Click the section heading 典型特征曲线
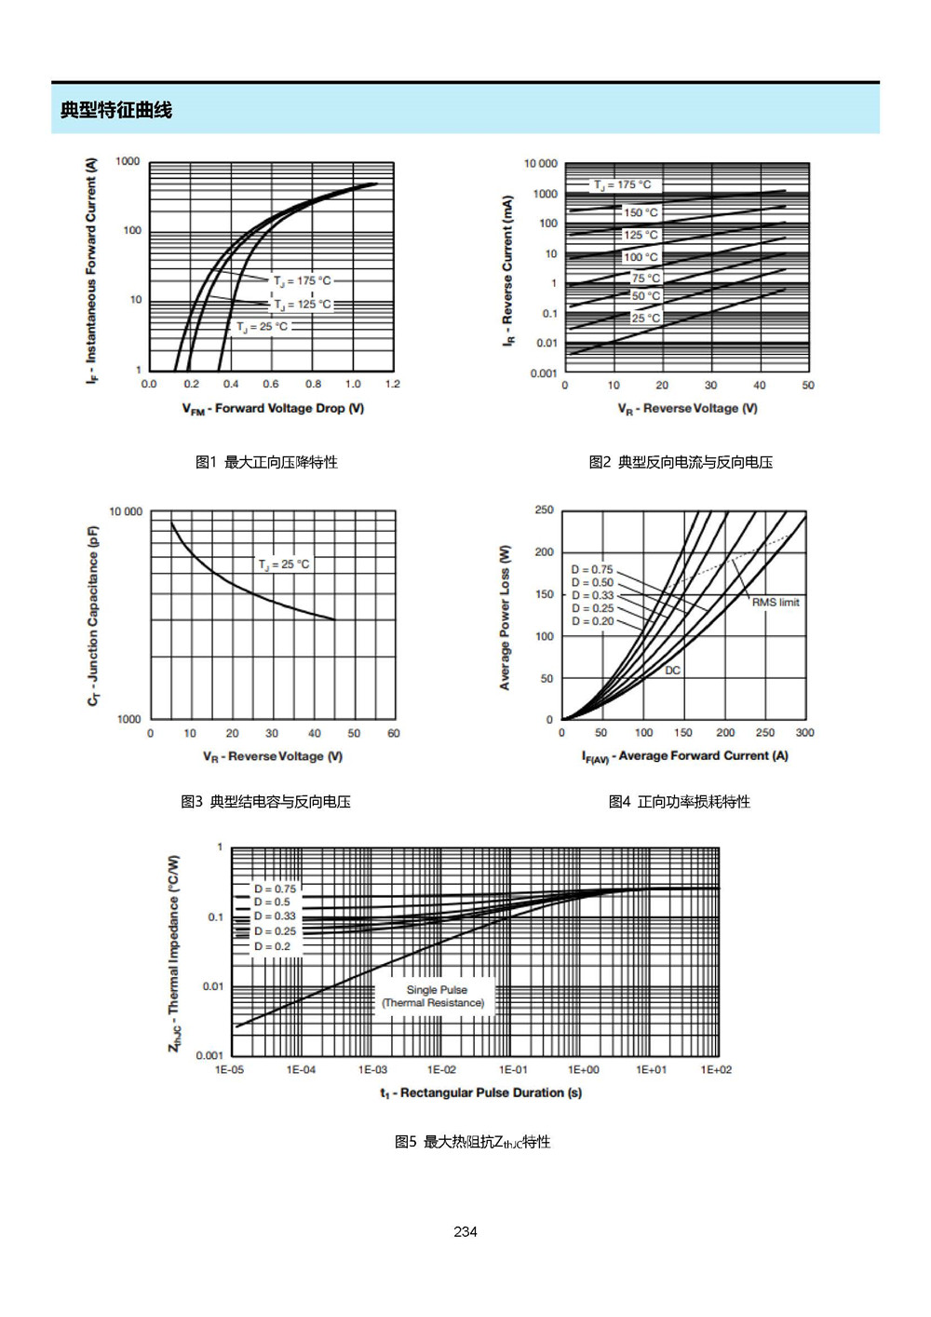point(116,110)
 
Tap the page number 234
point(465,1231)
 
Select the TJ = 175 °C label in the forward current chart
point(303,281)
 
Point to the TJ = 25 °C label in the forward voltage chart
point(263,326)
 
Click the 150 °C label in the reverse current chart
point(641,212)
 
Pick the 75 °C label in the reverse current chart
point(645,278)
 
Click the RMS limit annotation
point(776,602)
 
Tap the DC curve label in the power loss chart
point(672,671)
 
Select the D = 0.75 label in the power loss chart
point(592,569)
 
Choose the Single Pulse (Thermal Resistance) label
point(434,996)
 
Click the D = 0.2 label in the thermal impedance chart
point(272,946)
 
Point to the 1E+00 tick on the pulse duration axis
point(583,1069)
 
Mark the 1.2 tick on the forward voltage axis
point(393,384)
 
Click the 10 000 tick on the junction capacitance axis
point(126,511)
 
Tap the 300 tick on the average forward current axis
point(804,733)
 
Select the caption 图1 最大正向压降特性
point(266,462)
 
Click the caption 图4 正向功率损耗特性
point(679,801)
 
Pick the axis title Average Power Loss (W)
point(505,618)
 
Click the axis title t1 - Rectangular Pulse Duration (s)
point(480,1093)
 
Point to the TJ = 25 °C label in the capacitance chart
point(284,563)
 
